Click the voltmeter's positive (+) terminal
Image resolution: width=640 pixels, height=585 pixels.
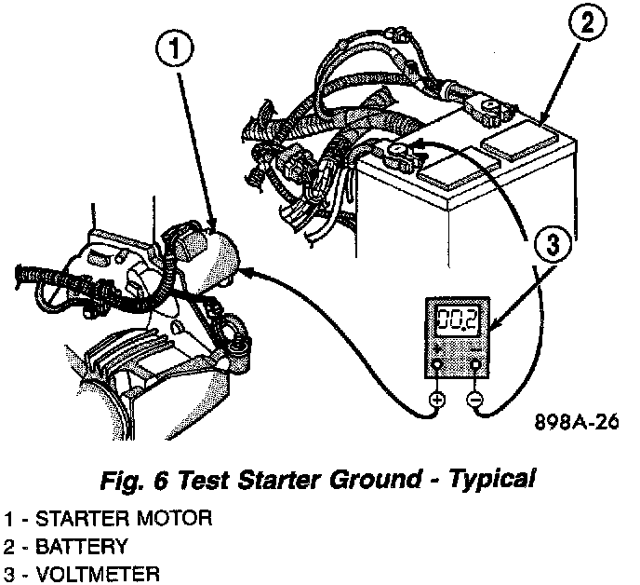click(x=437, y=401)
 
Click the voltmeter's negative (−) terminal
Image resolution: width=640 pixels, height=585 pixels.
click(x=476, y=401)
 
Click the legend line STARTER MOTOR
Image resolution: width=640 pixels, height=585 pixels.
click(x=107, y=518)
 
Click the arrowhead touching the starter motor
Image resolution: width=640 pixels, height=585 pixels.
click(x=253, y=271)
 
